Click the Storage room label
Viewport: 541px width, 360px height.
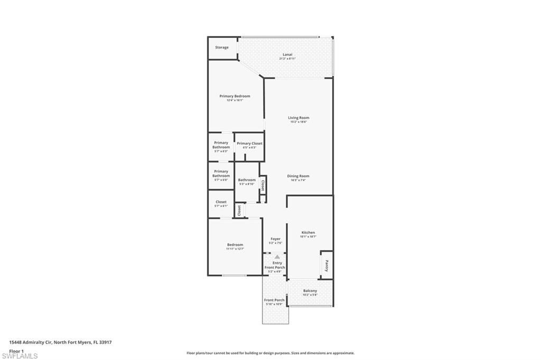coord(222,48)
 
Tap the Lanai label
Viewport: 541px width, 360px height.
coord(287,54)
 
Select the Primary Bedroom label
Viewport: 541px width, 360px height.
coord(235,96)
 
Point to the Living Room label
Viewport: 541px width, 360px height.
coord(299,118)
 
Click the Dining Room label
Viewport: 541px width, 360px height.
coord(298,176)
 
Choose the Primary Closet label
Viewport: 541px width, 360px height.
coord(249,144)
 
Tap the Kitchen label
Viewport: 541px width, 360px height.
coord(308,232)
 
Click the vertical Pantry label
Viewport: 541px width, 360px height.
coord(327,266)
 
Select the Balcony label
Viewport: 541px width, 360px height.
coord(310,291)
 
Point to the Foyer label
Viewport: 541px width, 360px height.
coord(276,239)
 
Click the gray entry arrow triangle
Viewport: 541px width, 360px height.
coord(277,257)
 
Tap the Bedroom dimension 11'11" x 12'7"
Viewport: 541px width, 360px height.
coord(235,249)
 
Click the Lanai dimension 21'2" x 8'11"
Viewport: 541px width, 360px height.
coord(287,59)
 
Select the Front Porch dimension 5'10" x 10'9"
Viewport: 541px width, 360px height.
coord(274,304)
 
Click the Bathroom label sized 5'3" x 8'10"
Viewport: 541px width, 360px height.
coord(247,180)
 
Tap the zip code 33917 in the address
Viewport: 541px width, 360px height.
coord(106,342)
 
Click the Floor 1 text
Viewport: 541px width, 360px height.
coord(16,350)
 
